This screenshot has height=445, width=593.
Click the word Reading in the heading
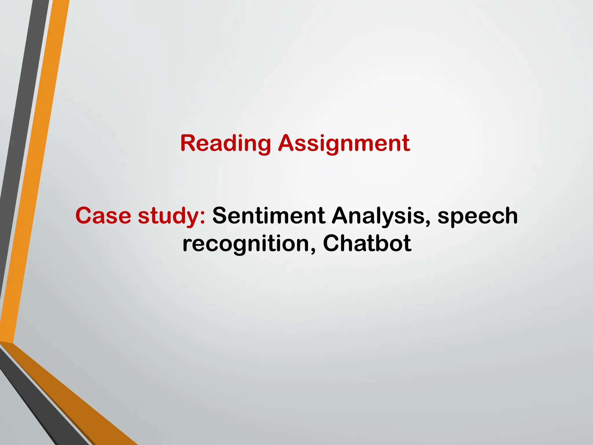point(226,143)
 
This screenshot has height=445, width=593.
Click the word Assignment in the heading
point(344,143)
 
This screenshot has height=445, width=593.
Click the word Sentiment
point(269,216)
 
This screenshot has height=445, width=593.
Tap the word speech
point(477,217)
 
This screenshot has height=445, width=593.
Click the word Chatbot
point(367,243)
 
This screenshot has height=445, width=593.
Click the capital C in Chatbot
point(332,243)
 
